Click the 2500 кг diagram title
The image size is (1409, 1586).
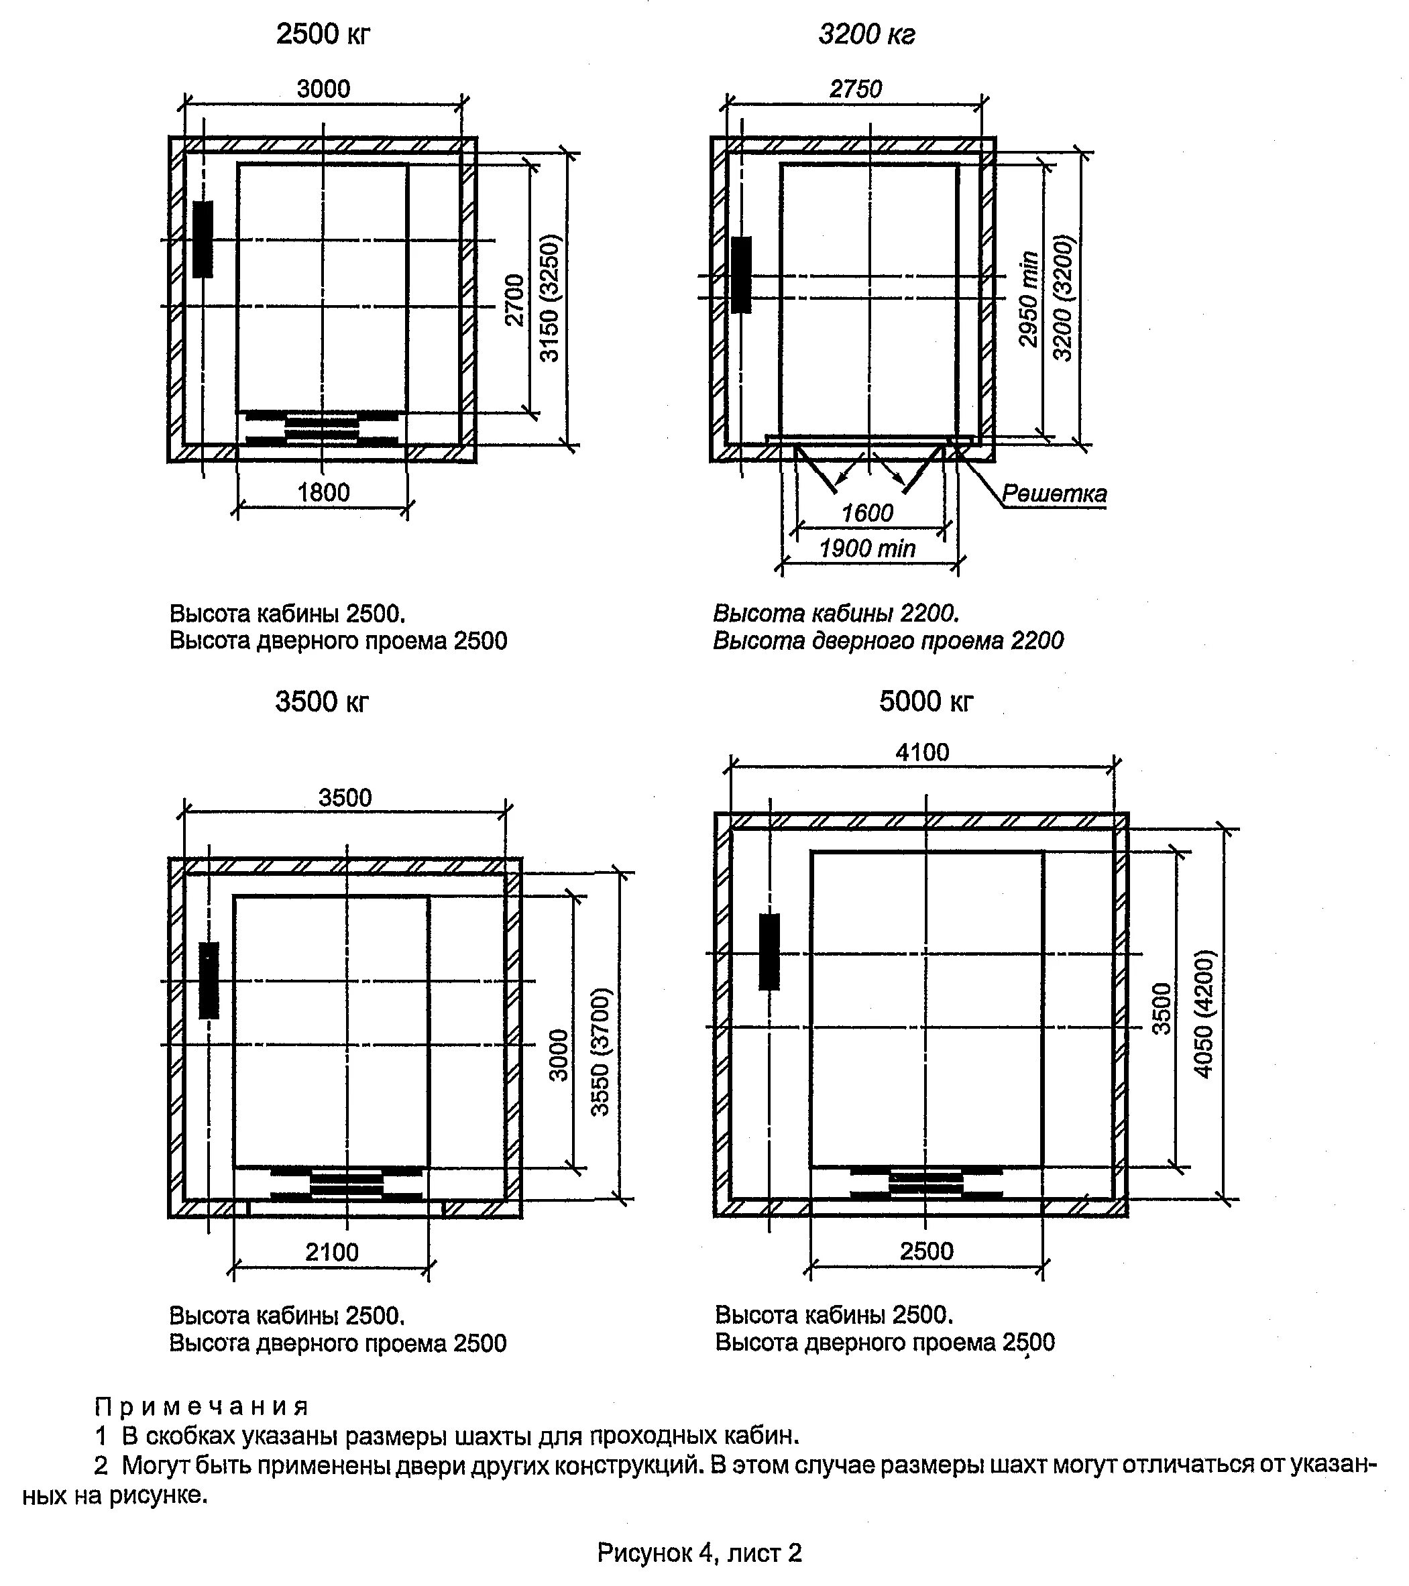pyautogui.click(x=323, y=35)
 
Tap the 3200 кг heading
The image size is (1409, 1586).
pyautogui.click(x=866, y=35)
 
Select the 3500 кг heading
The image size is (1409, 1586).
pyautogui.click(x=322, y=701)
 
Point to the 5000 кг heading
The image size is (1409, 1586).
pyautogui.click(x=925, y=701)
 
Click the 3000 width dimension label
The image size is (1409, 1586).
pyautogui.click(x=323, y=89)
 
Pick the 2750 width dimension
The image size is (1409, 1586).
pyautogui.click(x=856, y=89)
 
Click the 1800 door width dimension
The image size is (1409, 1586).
pyautogui.click(x=323, y=492)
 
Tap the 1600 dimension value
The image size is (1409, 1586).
pyautogui.click(x=867, y=513)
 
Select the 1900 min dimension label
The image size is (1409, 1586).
pyautogui.click(x=867, y=549)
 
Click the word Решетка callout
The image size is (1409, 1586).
pyautogui.click(x=1054, y=494)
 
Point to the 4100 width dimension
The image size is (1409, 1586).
pyautogui.click(x=921, y=752)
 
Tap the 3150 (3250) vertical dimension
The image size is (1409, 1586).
pyautogui.click(x=549, y=298)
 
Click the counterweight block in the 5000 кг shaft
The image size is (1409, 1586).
pyautogui.click(x=769, y=952)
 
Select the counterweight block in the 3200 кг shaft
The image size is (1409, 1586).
pyautogui.click(x=742, y=275)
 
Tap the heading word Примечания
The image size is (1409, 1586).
pyautogui.click(x=202, y=1407)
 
